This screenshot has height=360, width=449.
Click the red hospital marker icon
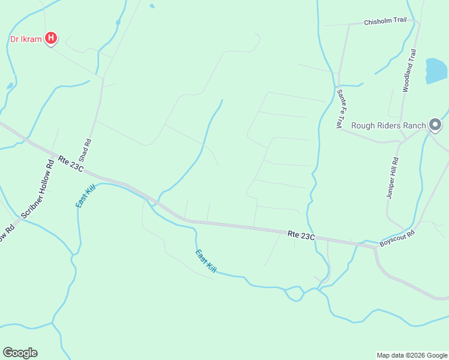coord(52,39)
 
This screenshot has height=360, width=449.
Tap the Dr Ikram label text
coord(26,40)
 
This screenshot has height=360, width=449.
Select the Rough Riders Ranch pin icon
coord(435,125)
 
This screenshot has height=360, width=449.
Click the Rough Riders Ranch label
coord(388,125)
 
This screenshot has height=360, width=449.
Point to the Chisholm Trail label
coord(385,21)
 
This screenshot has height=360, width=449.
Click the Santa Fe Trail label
coord(339,108)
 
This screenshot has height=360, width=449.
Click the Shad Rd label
coord(88,151)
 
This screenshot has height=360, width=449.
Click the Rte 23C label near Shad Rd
coord(71,163)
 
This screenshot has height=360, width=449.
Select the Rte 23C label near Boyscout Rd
coord(301,235)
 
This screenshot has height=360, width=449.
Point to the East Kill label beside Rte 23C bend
coord(86,196)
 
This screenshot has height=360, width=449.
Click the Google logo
coord(20,353)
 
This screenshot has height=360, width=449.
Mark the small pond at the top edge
coord(152,6)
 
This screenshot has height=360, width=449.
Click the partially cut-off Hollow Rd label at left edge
coord(5,233)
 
